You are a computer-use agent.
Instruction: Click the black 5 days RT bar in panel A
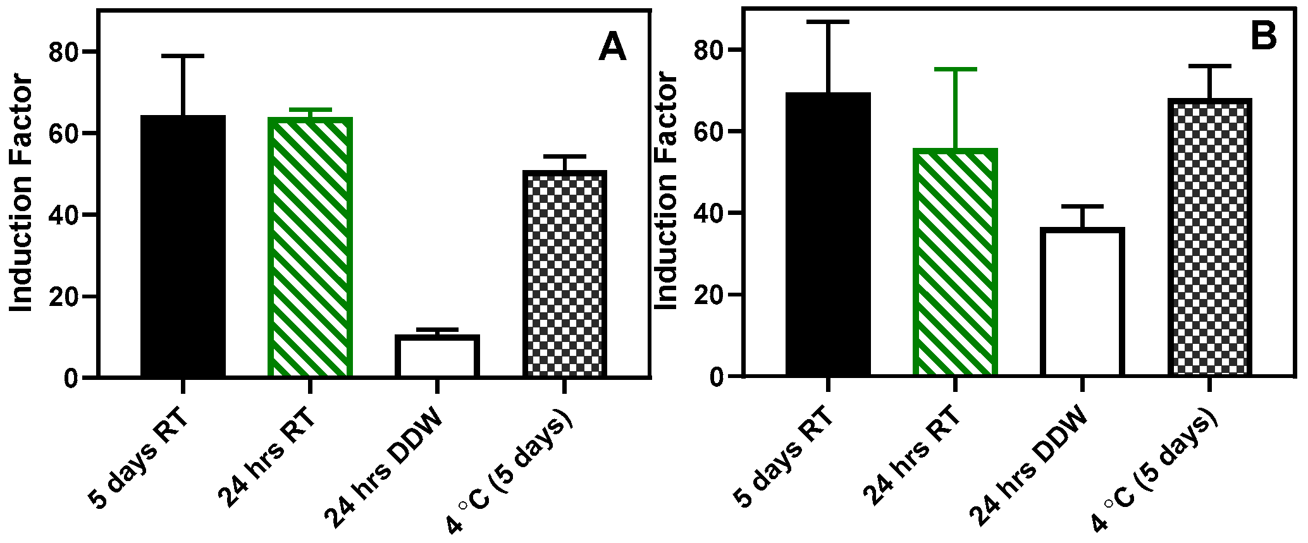click(183, 247)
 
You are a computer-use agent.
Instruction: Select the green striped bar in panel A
click(310, 247)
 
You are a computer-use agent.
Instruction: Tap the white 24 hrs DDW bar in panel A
click(437, 357)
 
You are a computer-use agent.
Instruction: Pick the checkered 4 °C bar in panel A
click(564, 274)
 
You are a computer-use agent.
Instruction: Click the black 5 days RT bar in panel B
click(828, 234)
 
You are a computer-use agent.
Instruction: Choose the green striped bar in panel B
click(955, 262)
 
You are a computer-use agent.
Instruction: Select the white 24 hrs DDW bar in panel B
click(1082, 302)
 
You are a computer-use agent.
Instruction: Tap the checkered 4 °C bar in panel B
click(1209, 237)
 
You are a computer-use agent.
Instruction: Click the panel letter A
click(612, 48)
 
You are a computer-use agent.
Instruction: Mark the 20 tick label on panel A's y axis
click(66, 296)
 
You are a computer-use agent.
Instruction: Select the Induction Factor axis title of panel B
click(666, 192)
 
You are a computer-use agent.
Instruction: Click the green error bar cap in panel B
click(955, 69)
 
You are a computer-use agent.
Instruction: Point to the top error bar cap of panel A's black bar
click(183, 56)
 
